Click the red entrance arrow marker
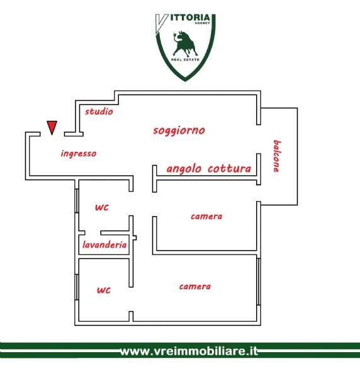point(52,127)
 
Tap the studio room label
point(99,112)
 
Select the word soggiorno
point(179,130)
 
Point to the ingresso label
point(79,154)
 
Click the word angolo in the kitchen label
point(184,169)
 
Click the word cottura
point(230,168)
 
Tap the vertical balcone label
point(277,156)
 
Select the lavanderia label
point(104,245)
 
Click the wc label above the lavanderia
point(102,207)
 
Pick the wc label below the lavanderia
point(104,290)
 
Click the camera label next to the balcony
point(206,217)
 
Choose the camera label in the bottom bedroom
point(195,287)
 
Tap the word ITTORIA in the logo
point(190,18)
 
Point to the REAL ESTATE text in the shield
point(185,60)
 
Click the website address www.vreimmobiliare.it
point(189,351)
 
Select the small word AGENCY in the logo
point(202,23)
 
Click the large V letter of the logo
point(161,23)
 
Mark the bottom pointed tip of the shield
point(185,81)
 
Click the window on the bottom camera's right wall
point(259,282)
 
